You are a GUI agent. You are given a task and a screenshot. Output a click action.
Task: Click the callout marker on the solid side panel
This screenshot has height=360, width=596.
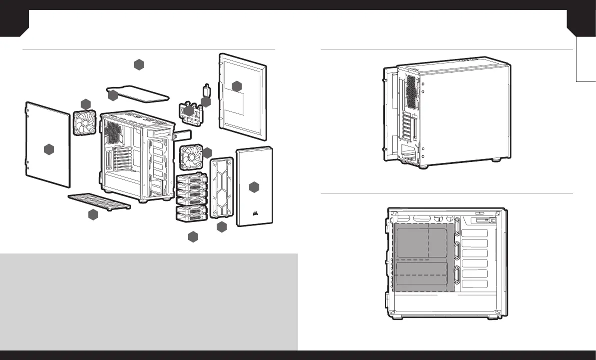point(49,149)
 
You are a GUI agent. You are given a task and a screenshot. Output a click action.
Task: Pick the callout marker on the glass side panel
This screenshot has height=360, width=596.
point(237,85)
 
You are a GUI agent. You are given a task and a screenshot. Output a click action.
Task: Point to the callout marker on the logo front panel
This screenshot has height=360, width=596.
point(255,187)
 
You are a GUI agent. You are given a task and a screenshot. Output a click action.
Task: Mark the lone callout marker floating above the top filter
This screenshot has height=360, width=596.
point(139,64)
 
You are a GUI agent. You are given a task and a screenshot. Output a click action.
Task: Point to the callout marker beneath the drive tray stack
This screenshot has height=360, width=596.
point(194,237)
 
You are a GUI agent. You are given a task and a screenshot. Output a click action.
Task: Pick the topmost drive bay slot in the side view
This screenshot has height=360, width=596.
point(474,233)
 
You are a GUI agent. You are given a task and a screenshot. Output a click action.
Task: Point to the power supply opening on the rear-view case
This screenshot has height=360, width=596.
point(409,152)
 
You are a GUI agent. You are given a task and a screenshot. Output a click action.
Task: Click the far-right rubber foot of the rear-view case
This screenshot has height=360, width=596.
point(496,160)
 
